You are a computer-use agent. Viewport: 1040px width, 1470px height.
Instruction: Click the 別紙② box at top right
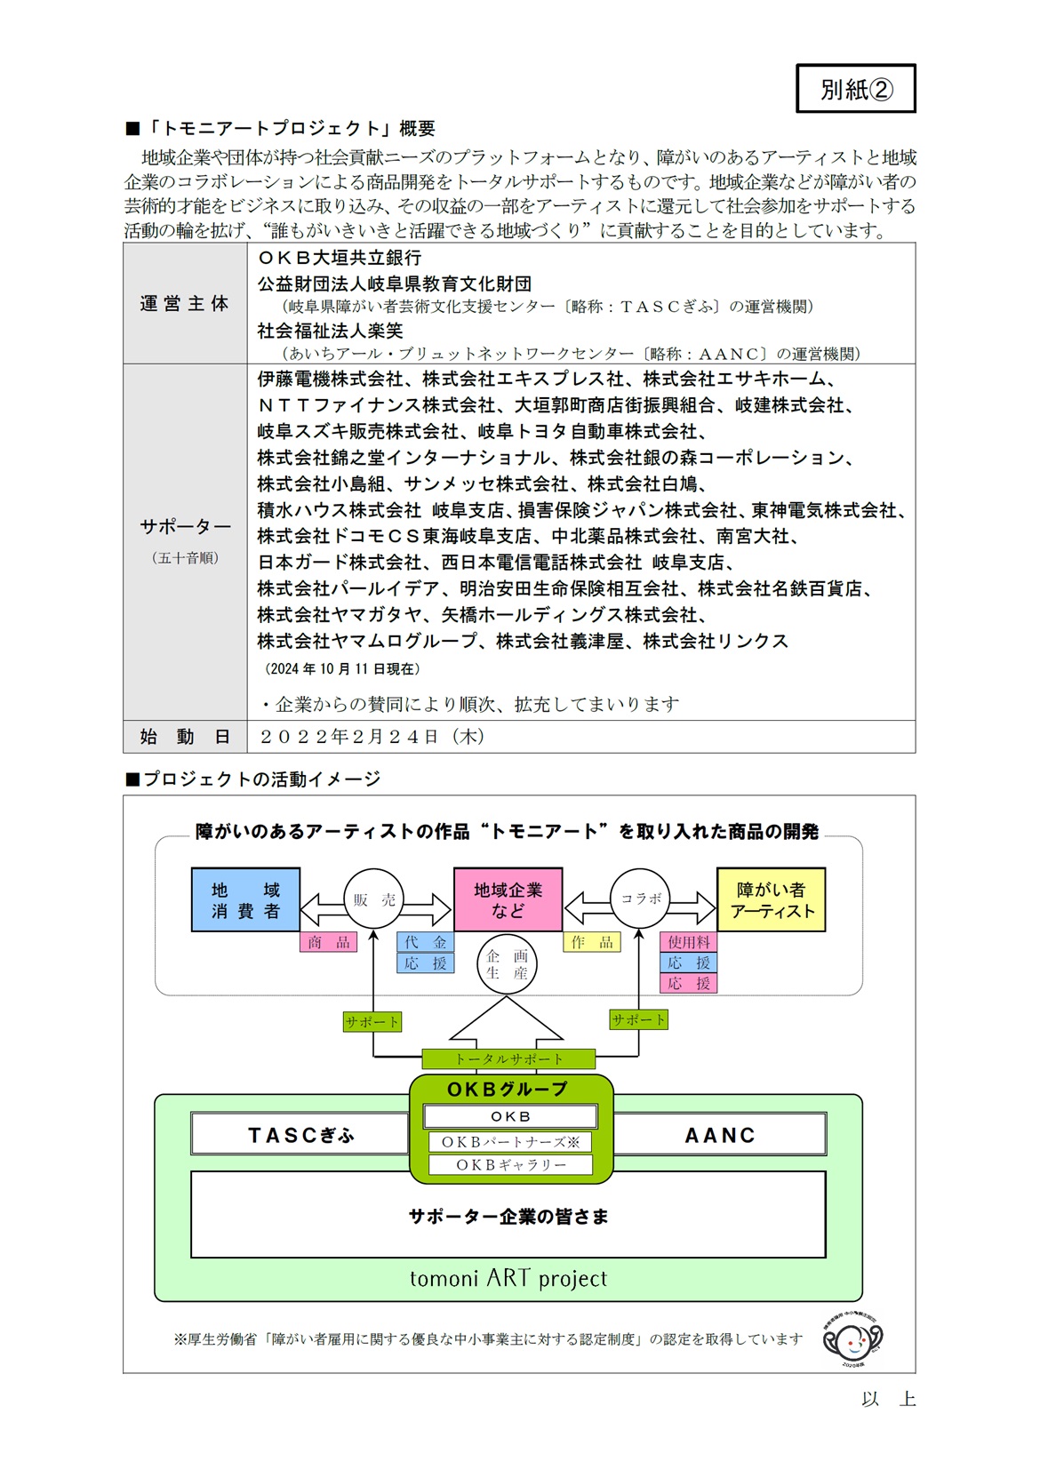click(x=855, y=89)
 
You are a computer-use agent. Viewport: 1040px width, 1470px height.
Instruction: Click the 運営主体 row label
click(x=184, y=304)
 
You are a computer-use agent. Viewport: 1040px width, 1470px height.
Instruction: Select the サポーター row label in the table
click(x=185, y=527)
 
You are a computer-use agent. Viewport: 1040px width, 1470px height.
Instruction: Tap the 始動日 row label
click(x=185, y=737)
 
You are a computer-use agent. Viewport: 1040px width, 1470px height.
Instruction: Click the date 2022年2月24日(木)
click(x=372, y=737)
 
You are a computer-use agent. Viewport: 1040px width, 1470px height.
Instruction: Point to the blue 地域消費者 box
click(x=245, y=899)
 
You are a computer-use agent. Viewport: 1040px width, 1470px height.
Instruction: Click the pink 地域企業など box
click(x=508, y=899)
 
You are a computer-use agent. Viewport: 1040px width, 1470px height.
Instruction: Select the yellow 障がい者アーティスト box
click(x=771, y=899)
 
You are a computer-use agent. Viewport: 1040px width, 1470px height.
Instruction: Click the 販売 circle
click(x=373, y=899)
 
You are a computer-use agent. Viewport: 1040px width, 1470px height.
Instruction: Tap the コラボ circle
click(x=640, y=899)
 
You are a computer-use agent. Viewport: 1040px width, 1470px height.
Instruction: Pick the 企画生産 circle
click(x=507, y=964)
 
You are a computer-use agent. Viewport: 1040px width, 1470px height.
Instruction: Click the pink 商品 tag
click(x=328, y=942)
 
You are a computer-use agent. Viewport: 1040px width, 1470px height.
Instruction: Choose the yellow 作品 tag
click(x=591, y=942)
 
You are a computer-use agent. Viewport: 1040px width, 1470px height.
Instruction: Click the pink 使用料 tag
click(x=688, y=942)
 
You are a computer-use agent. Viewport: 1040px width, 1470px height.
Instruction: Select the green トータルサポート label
click(x=508, y=1059)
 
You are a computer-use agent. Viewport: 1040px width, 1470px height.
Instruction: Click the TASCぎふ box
click(x=300, y=1135)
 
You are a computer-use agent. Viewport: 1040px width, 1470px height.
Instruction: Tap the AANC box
click(x=720, y=1135)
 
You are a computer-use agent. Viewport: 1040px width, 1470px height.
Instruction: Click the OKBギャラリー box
click(x=510, y=1164)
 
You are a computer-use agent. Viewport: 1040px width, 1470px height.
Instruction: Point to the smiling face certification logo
click(x=852, y=1337)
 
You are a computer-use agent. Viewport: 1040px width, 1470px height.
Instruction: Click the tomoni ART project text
click(x=508, y=1278)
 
